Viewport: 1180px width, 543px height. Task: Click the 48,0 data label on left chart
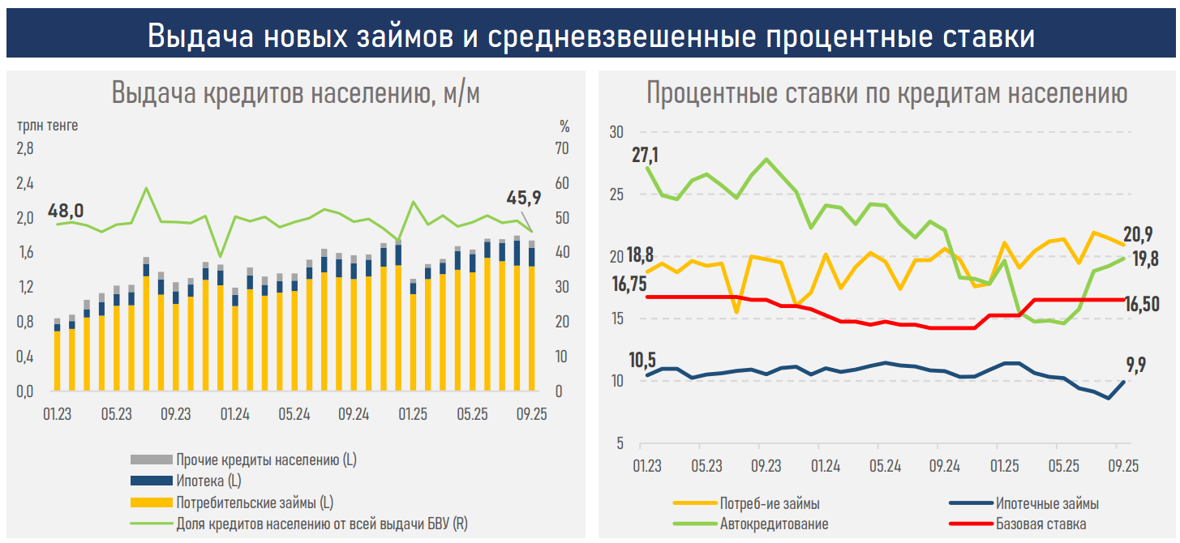pyautogui.click(x=66, y=211)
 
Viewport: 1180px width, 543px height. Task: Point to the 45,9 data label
pyautogui.click(x=522, y=198)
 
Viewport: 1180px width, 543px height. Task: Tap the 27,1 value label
pyautogui.click(x=646, y=155)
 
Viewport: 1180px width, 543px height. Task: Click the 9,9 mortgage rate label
pyautogui.click(x=1135, y=365)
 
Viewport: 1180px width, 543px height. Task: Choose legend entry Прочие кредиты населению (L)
pyautogui.click(x=266, y=460)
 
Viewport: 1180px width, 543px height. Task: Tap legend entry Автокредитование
pyautogui.click(x=774, y=524)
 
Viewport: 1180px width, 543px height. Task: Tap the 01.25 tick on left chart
pyautogui.click(x=413, y=414)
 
